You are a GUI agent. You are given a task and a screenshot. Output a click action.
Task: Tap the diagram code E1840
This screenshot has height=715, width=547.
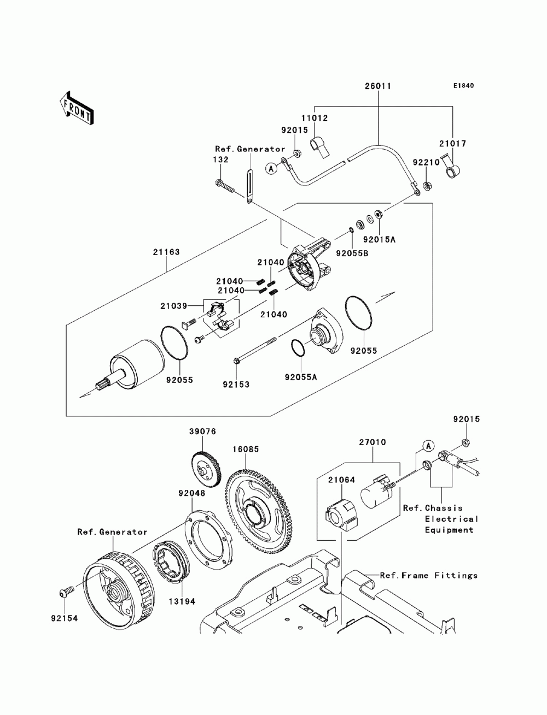tap(463, 86)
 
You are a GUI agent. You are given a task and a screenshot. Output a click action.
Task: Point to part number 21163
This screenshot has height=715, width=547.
tap(166, 252)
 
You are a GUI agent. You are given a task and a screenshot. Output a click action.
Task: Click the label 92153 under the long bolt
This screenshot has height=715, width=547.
tap(236, 385)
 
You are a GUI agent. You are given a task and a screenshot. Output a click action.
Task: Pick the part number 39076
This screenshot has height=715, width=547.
tap(203, 432)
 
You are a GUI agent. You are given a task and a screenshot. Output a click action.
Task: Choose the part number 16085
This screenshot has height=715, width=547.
tap(246, 449)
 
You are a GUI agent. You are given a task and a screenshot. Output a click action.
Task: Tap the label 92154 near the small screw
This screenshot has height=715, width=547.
tap(65, 618)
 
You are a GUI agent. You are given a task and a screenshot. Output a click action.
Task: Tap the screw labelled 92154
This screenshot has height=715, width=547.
tap(63, 593)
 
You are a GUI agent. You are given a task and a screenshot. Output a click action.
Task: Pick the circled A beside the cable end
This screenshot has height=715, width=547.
tap(270, 169)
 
